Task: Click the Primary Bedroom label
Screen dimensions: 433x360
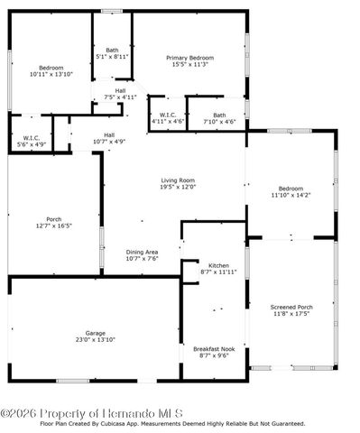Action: (x=189, y=58)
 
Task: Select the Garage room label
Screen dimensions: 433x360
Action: (x=96, y=332)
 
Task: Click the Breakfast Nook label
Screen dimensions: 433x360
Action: (x=213, y=348)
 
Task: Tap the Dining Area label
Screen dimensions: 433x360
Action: (x=142, y=252)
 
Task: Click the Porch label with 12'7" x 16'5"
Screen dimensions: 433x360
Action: (x=54, y=219)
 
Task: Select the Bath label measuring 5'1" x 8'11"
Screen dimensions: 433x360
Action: (x=112, y=51)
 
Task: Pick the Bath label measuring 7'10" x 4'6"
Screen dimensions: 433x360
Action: (x=219, y=115)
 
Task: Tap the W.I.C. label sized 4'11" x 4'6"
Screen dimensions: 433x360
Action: (x=168, y=115)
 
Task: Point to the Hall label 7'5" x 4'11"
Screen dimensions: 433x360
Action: (x=120, y=90)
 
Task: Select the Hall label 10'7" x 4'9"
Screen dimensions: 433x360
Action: (x=108, y=134)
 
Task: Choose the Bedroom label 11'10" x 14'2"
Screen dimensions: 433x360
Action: (x=291, y=189)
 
